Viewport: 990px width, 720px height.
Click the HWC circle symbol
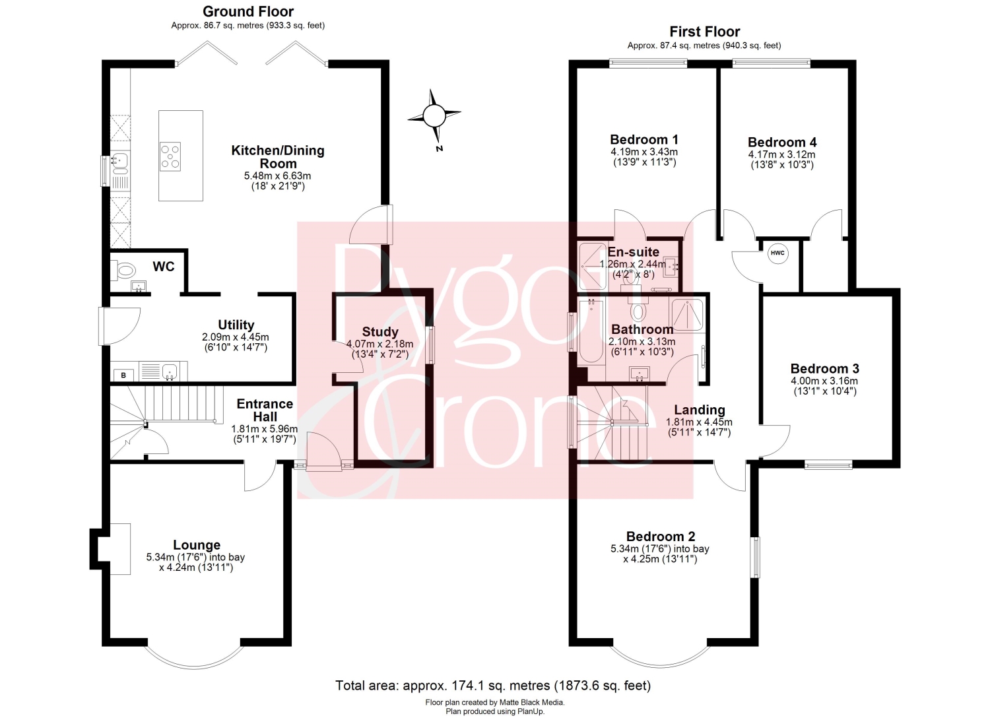click(777, 253)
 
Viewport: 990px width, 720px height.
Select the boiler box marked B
click(123, 376)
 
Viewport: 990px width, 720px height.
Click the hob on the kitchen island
click(170, 156)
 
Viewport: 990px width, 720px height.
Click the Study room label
click(380, 331)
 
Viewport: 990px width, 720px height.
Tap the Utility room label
click(236, 325)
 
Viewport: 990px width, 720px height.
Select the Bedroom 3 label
click(825, 368)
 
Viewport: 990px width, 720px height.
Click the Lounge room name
click(197, 544)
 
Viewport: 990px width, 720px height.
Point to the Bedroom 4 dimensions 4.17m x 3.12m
click(782, 154)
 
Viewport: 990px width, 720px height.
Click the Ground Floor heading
click(248, 11)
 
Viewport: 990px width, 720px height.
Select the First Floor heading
click(704, 32)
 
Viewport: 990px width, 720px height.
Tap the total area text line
click(493, 686)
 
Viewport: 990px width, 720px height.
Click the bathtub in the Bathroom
click(591, 331)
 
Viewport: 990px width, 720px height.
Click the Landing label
click(699, 410)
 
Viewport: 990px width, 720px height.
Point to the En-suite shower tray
click(593, 266)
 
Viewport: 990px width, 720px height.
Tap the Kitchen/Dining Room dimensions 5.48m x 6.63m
click(278, 176)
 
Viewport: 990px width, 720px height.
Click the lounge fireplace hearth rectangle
click(119, 548)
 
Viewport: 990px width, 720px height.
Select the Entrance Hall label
click(265, 410)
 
